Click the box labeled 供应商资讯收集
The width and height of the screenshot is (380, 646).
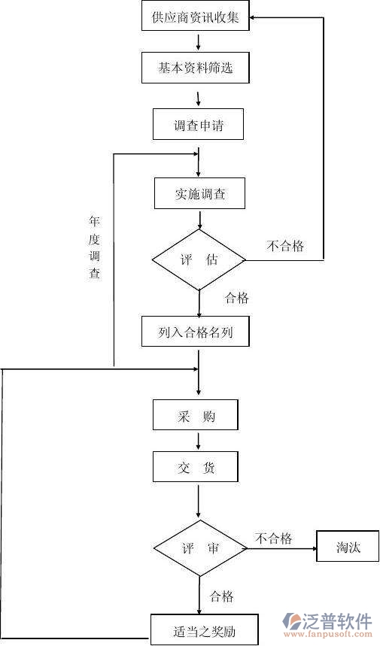coord(195,17)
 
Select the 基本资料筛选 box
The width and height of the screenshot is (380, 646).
coord(195,68)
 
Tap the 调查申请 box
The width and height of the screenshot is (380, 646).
coord(199,125)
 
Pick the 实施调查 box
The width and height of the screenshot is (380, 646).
coord(199,194)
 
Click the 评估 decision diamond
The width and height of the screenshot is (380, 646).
coord(199,260)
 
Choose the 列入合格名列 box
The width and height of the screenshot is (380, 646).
coord(195,332)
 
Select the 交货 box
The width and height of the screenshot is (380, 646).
coord(196,467)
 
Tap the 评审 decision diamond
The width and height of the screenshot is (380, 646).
coord(199,548)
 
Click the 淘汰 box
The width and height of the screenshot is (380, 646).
coord(348,547)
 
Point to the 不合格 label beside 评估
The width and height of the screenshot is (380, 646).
coord(285,246)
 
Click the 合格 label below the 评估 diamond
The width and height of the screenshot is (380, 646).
coord(236,298)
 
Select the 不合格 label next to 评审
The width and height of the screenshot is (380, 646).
coord(273,538)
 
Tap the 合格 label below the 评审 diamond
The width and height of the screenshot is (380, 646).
coord(221,596)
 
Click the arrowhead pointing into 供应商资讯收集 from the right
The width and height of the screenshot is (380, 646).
coord(254,17)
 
